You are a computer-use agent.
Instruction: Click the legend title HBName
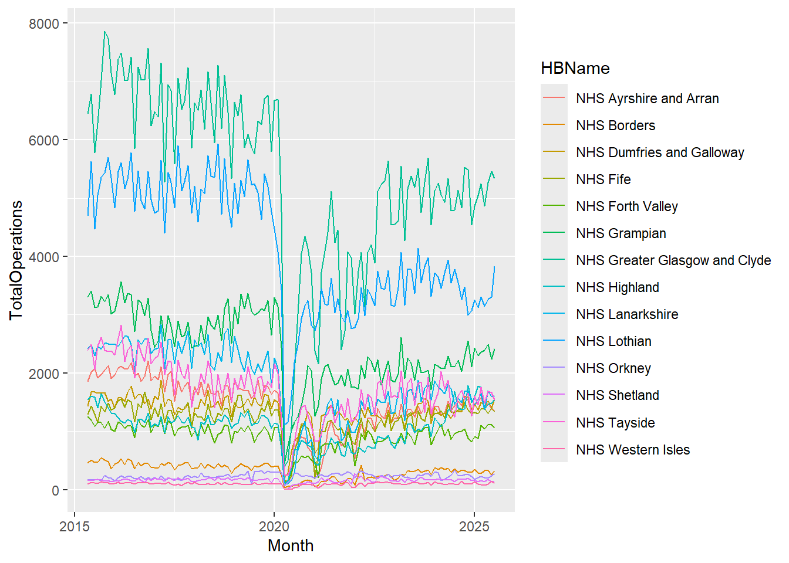pyautogui.click(x=575, y=68)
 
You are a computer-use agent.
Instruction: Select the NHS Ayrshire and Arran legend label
pyautogui.click(x=647, y=99)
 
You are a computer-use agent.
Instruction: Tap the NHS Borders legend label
pyautogui.click(x=615, y=126)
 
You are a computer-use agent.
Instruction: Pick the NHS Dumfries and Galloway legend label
pyautogui.click(x=660, y=152)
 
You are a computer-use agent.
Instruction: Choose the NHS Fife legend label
pyautogui.click(x=603, y=179)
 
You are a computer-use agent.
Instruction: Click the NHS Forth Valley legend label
pyautogui.click(x=626, y=206)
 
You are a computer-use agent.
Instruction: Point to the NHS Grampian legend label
pyautogui.click(x=621, y=233)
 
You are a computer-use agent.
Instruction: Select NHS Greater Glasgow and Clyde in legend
pyautogui.click(x=673, y=260)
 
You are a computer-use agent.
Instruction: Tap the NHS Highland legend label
pyautogui.click(x=617, y=287)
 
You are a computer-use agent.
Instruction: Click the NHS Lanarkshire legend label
pyautogui.click(x=626, y=314)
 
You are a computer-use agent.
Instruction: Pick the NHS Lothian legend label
pyautogui.click(x=613, y=341)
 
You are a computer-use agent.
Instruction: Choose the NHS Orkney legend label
pyautogui.click(x=613, y=368)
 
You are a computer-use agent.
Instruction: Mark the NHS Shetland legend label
pyautogui.click(x=617, y=395)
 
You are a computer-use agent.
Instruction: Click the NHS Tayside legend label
pyautogui.click(x=615, y=423)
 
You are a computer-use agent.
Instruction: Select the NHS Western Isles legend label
pyautogui.click(x=632, y=450)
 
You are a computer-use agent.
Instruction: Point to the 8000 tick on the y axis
pyautogui.click(x=44, y=23)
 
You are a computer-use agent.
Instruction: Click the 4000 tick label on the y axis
pyautogui.click(x=44, y=257)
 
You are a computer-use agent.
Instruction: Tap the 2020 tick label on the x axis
pyautogui.click(x=274, y=526)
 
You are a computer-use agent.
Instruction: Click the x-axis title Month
pyautogui.click(x=291, y=545)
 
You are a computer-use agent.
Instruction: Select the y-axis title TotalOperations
pyautogui.click(x=16, y=260)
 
